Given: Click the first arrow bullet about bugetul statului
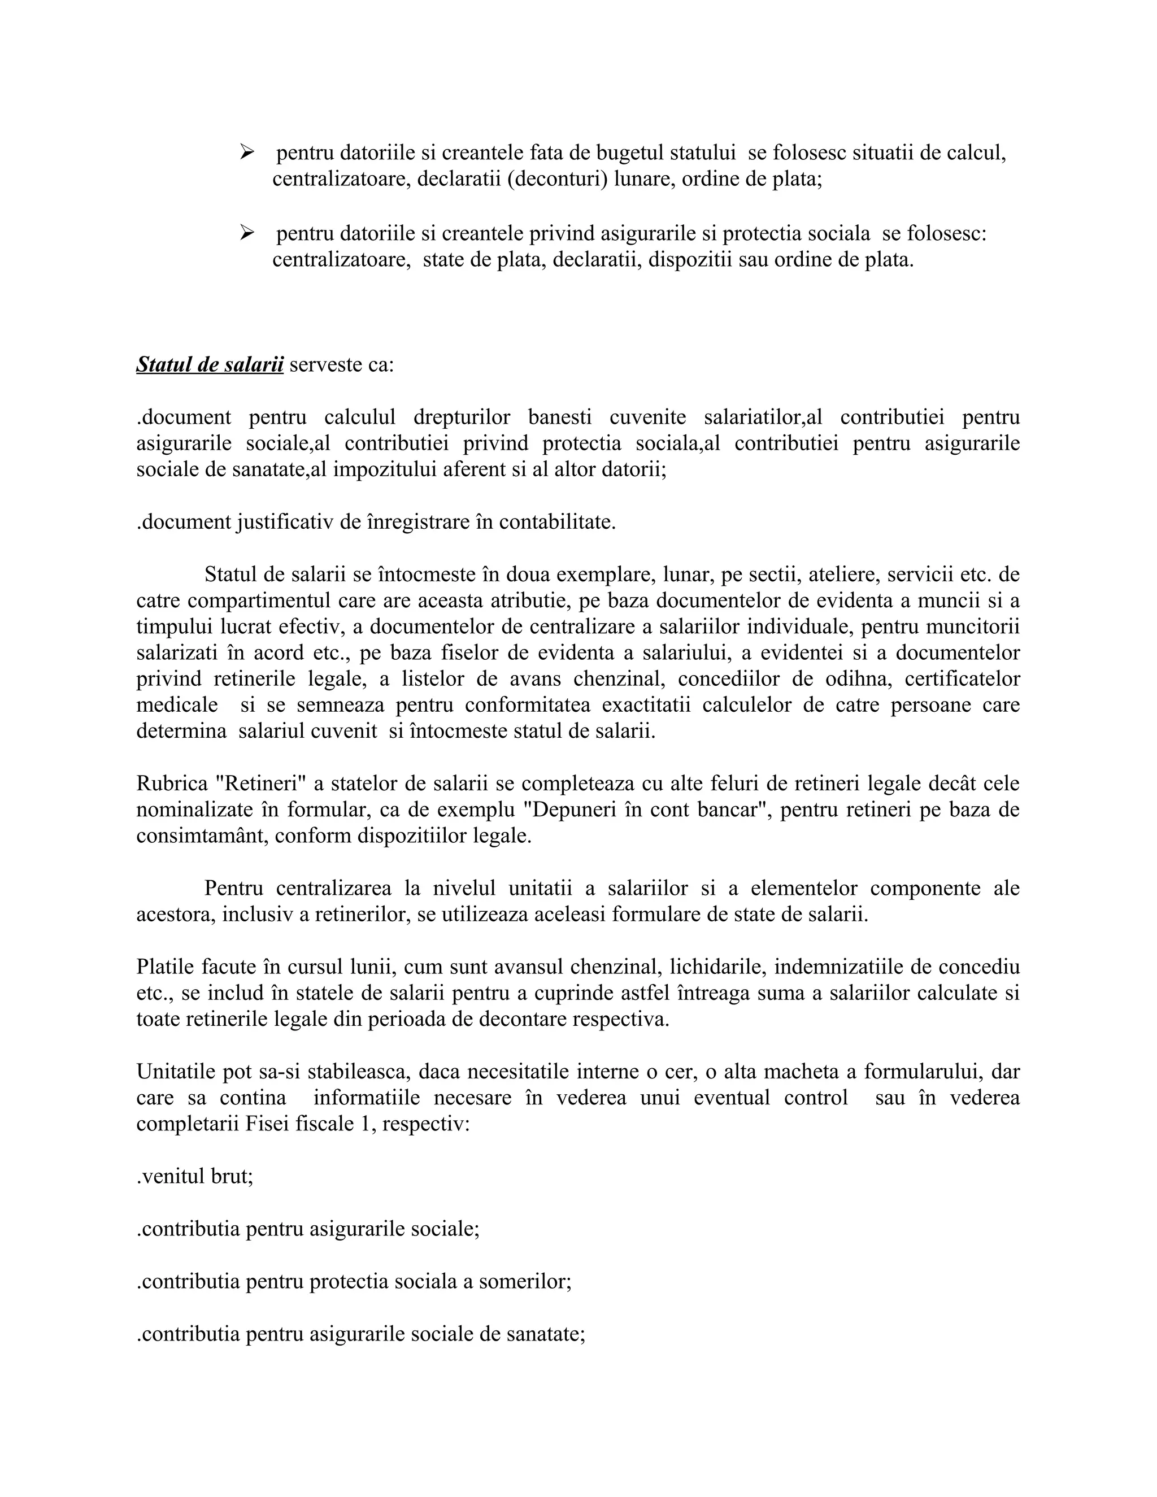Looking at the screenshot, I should pos(247,152).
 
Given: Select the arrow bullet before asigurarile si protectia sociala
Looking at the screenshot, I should pos(247,234).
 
